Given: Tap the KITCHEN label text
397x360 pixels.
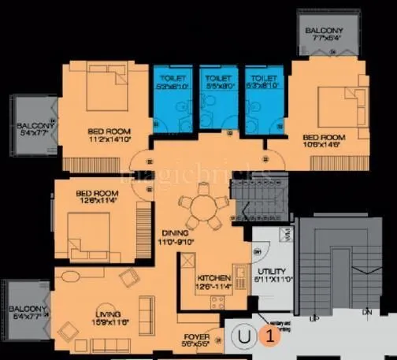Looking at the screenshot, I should click(213, 279).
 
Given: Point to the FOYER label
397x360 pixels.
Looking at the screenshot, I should click(195, 336).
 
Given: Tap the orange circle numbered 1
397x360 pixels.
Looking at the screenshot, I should click(269, 338).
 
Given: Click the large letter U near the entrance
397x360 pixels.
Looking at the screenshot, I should click(245, 338).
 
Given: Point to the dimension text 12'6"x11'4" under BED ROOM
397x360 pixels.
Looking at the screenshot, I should click(95, 201).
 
